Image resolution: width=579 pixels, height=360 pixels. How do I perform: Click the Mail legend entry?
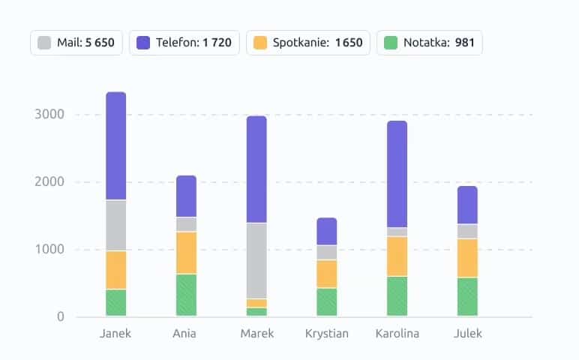[x=76, y=43]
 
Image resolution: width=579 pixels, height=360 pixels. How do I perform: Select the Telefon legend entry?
[x=184, y=43]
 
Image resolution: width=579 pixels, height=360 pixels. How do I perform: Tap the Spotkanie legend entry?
[x=308, y=43]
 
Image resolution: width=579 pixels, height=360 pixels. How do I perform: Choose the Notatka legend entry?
[x=429, y=43]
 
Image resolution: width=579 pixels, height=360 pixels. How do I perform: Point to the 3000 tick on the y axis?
[x=49, y=115]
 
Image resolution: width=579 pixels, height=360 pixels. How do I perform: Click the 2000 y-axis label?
[x=49, y=182]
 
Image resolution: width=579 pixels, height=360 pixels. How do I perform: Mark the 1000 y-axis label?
[x=49, y=250]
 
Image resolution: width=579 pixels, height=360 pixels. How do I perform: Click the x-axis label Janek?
[x=115, y=334]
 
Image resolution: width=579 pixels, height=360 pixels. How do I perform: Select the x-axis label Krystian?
[x=327, y=334]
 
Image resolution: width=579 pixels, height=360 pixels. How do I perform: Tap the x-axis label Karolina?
[x=397, y=334]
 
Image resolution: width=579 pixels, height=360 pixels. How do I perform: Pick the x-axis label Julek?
[x=468, y=334]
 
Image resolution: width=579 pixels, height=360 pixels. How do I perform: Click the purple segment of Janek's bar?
[x=116, y=146]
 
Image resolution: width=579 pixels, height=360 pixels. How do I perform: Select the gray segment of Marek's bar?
[x=256, y=261]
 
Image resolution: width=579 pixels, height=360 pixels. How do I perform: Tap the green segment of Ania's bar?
[x=186, y=295]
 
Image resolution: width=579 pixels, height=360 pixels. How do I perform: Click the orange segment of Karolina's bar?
[x=397, y=256]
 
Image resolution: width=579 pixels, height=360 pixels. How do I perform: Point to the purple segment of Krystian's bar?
[x=327, y=231]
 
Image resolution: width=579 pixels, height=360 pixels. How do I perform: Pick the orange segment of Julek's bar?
[x=467, y=258]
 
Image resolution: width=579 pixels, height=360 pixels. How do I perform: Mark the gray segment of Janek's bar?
[x=116, y=225]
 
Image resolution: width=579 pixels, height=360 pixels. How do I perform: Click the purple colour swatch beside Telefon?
[x=144, y=43]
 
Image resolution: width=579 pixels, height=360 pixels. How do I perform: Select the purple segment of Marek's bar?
[x=256, y=169]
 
